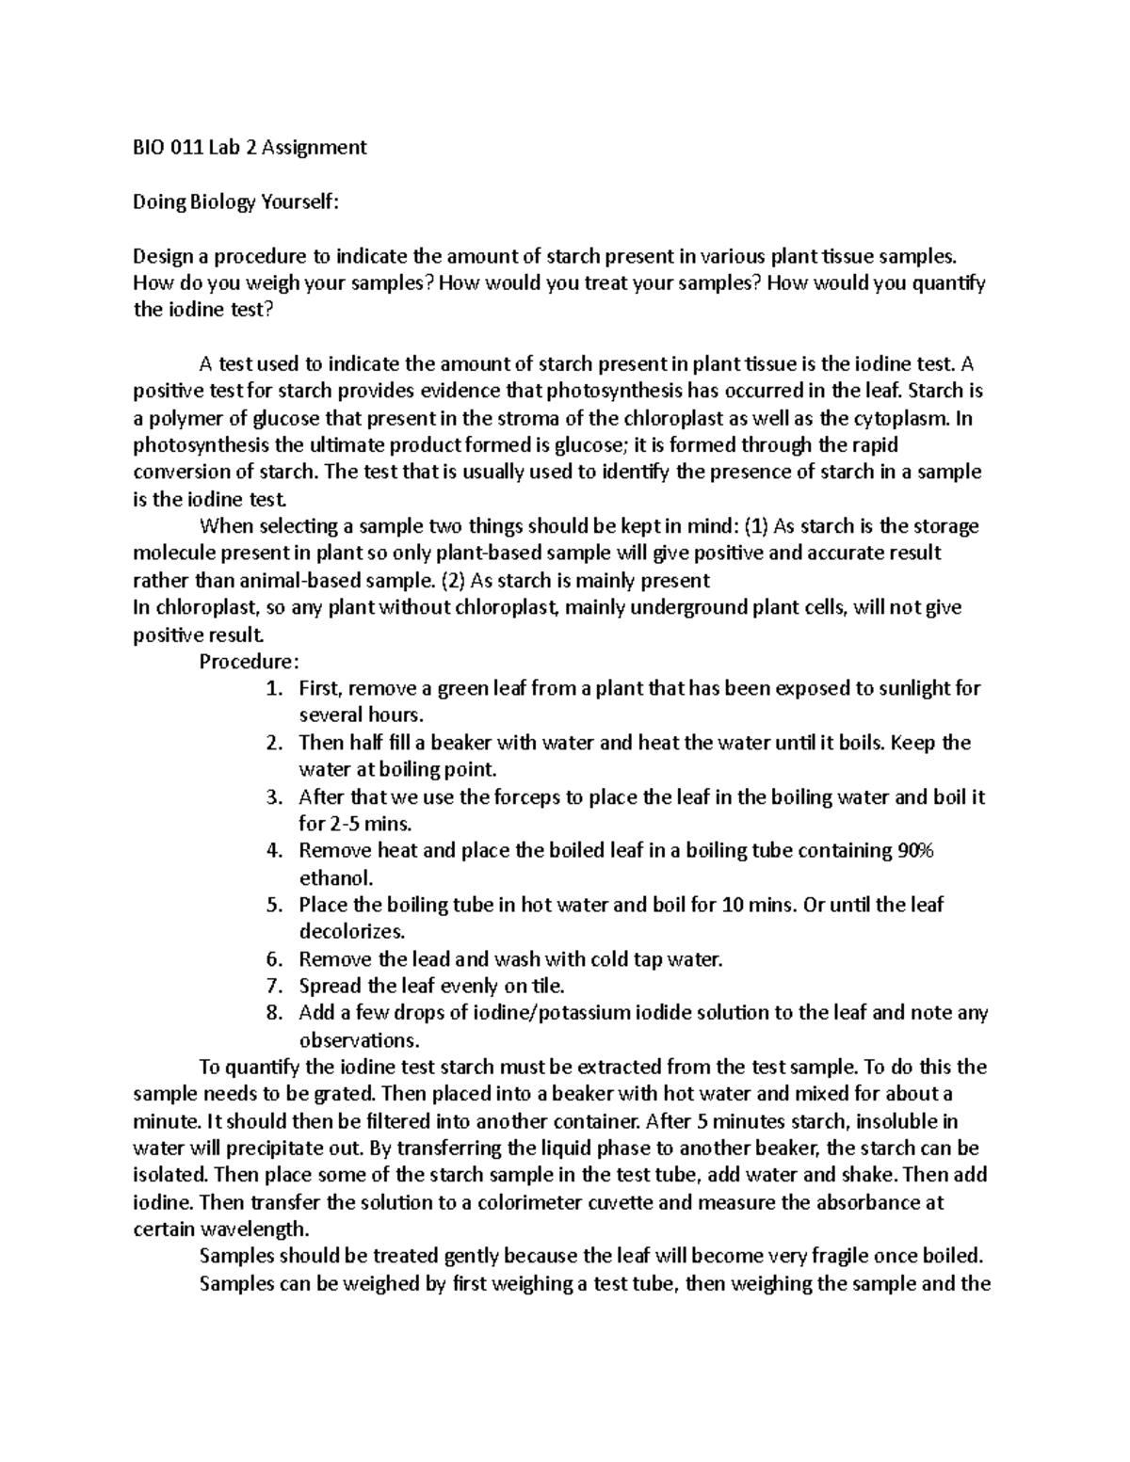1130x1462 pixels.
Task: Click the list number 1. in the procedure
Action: point(273,688)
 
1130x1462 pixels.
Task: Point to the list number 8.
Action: point(273,1013)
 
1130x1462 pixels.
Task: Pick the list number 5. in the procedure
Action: point(273,905)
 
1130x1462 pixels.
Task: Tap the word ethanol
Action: point(335,878)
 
